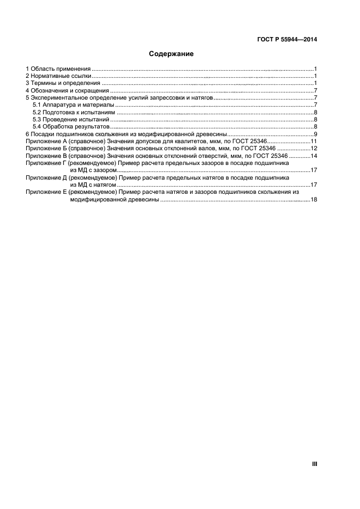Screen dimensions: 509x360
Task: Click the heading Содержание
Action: [x=172, y=54]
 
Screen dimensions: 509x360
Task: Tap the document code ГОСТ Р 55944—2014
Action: [x=287, y=39]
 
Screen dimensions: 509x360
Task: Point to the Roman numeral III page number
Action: [x=314, y=464]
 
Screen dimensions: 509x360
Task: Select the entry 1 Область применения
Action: [x=58, y=69]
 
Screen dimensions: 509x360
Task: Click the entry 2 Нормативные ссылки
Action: [x=59, y=76]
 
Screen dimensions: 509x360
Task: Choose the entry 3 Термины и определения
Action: [x=63, y=83]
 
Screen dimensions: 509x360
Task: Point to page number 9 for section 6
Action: [x=315, y=134]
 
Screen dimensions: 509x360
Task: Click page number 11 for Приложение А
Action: [x=314, y=141]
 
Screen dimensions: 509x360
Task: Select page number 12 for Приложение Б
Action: [x=314, y=148]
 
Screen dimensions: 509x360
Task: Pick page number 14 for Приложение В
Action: [x=314, y=156]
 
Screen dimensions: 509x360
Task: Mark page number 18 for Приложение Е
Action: [x=314, y=200]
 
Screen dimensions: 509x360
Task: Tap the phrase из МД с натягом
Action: [x=93, y=185]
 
